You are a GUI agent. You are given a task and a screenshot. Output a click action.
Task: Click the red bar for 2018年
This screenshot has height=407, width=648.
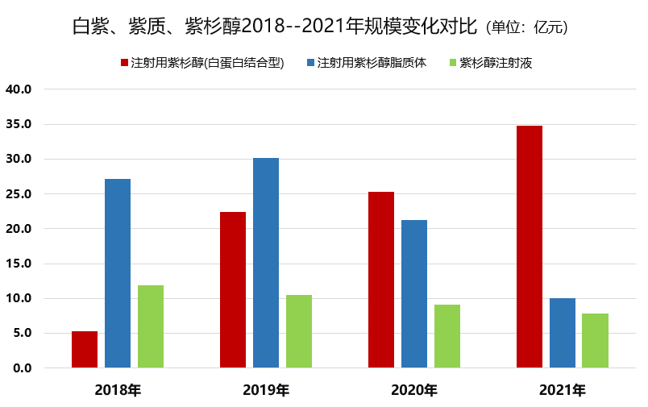tap(85, 349)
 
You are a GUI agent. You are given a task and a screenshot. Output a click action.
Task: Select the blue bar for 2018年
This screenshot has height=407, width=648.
tap(118, 273)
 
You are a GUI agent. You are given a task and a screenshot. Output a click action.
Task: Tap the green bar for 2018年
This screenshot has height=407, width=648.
tap(151, 326)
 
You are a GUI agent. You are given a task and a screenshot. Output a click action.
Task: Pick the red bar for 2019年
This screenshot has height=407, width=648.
tap(233, 290)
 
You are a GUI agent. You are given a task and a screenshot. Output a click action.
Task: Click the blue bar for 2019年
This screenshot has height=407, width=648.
tap(266, 263)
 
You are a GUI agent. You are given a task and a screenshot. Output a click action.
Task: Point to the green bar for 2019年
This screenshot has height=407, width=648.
tap(299, 331)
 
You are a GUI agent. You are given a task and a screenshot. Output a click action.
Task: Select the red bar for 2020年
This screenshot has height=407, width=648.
tap(381, 280)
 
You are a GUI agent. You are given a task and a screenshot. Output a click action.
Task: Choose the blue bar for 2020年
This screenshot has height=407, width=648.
tap(414, 294)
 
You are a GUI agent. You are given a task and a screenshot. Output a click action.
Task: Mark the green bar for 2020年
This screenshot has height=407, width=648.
tap(447, 336)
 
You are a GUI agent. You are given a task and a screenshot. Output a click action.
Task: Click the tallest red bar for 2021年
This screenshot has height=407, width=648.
tap(530, 247)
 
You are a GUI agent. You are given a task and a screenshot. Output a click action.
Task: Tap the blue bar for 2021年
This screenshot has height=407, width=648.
tap(563, 333)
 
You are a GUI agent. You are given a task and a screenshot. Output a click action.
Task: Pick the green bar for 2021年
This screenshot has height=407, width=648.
tap(596, 340)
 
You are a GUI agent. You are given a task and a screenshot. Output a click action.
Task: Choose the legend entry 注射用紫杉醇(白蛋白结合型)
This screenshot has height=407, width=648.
tap(208, 62)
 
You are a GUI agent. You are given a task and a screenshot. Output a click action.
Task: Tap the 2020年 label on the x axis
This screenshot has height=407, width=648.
tap(414, 391)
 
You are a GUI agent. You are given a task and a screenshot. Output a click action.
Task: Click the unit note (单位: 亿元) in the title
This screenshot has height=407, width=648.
tap(528, 27)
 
